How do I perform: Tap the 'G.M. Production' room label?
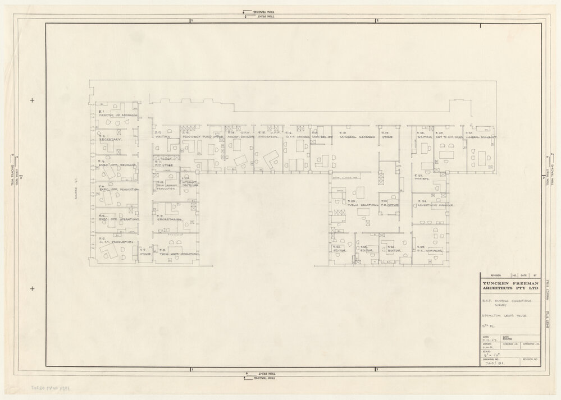coord(115,242)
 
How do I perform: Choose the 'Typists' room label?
coord(422,179)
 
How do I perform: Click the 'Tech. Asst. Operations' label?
coord(179,254)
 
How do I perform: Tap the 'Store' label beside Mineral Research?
coord(388,136)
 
